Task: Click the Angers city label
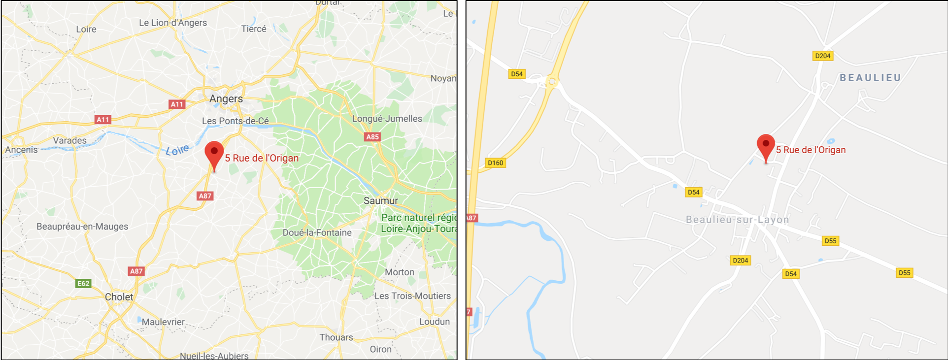pyautogui.click(x=226, y=98)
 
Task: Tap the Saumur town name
pyautogui.click(x=380, y=200)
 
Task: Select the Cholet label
pyautogui.click(x=119, y=297)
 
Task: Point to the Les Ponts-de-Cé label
pyautogui.click(x=235, y=121)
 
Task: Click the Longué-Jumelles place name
pyautogui.click(x=387, y=119)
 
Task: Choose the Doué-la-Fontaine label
pyautogui.click(x=317, y=232)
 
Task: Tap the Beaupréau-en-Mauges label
pyautogui.click(x=82, y=227)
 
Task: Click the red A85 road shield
pyautogui.click(x=372, y=137)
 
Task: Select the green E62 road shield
pyautogui.click(x=83, y=283)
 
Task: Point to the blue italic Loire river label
pyautogui.click(x=177, y=150)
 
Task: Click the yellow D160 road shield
pyautogui.click(x=495, y=163)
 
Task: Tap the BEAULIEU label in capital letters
pyautogui.click(x=870, y=78)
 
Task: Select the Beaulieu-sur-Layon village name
pyautogui.click(x=737, y=220)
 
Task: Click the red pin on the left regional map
pyautogui.click(x=214, y=154)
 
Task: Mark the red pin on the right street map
pyautogui.click(x=765, y=146)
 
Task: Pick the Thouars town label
pyautogui.click(x=336, y=337)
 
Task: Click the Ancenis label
pyautogui.click(x=21, y=150)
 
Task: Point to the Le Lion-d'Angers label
pyautogui.click(x=172, y=23)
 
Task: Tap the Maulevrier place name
pyautogui.click(x=163, y=322)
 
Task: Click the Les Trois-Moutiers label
pyautogui.click(x=412, y=296)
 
